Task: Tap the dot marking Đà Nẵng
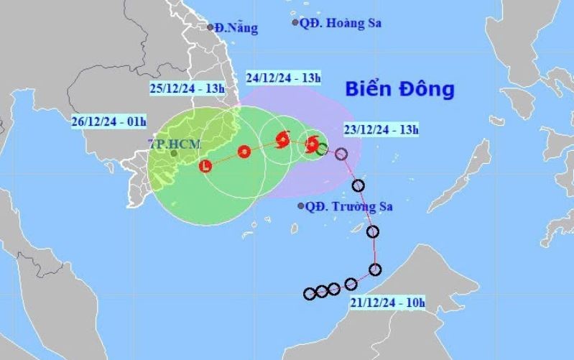pyautogui.click(x=210, y=27)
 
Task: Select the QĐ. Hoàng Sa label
pyautogui.click(x=341, y=23)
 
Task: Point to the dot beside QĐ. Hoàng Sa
pyautogui.click(x=295, y=23)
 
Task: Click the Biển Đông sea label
pyautogui.click(x=399, y=90)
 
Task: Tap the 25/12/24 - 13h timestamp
pyautogui.click(x=188, y=88)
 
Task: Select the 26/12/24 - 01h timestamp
pyautogui.click(x=110, y=120)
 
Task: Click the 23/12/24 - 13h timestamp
pyautogui.click(x=381, y=130)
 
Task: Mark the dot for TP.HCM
pyautogui.click(x=173, y=153)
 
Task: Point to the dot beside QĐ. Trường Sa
pyautogui.click(x=301, y=206)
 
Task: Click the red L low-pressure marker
pyautogui.click(x=206, y=167)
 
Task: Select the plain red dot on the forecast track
pyautogui.click(x=244, y=152)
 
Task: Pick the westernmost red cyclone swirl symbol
pyautogui.click(x=282, y=139)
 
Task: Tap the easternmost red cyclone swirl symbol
pyautogui.click(x=312, y=144)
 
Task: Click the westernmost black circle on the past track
pyautogui.click(x=310, y=293)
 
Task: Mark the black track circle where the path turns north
pyautogui.click(x=374, y=270)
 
